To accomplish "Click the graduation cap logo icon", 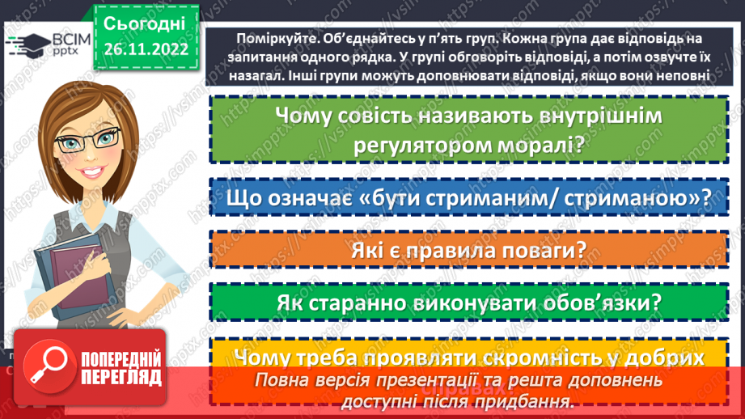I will tap(24, 47).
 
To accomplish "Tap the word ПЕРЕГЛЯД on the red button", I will tap(121, 377).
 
